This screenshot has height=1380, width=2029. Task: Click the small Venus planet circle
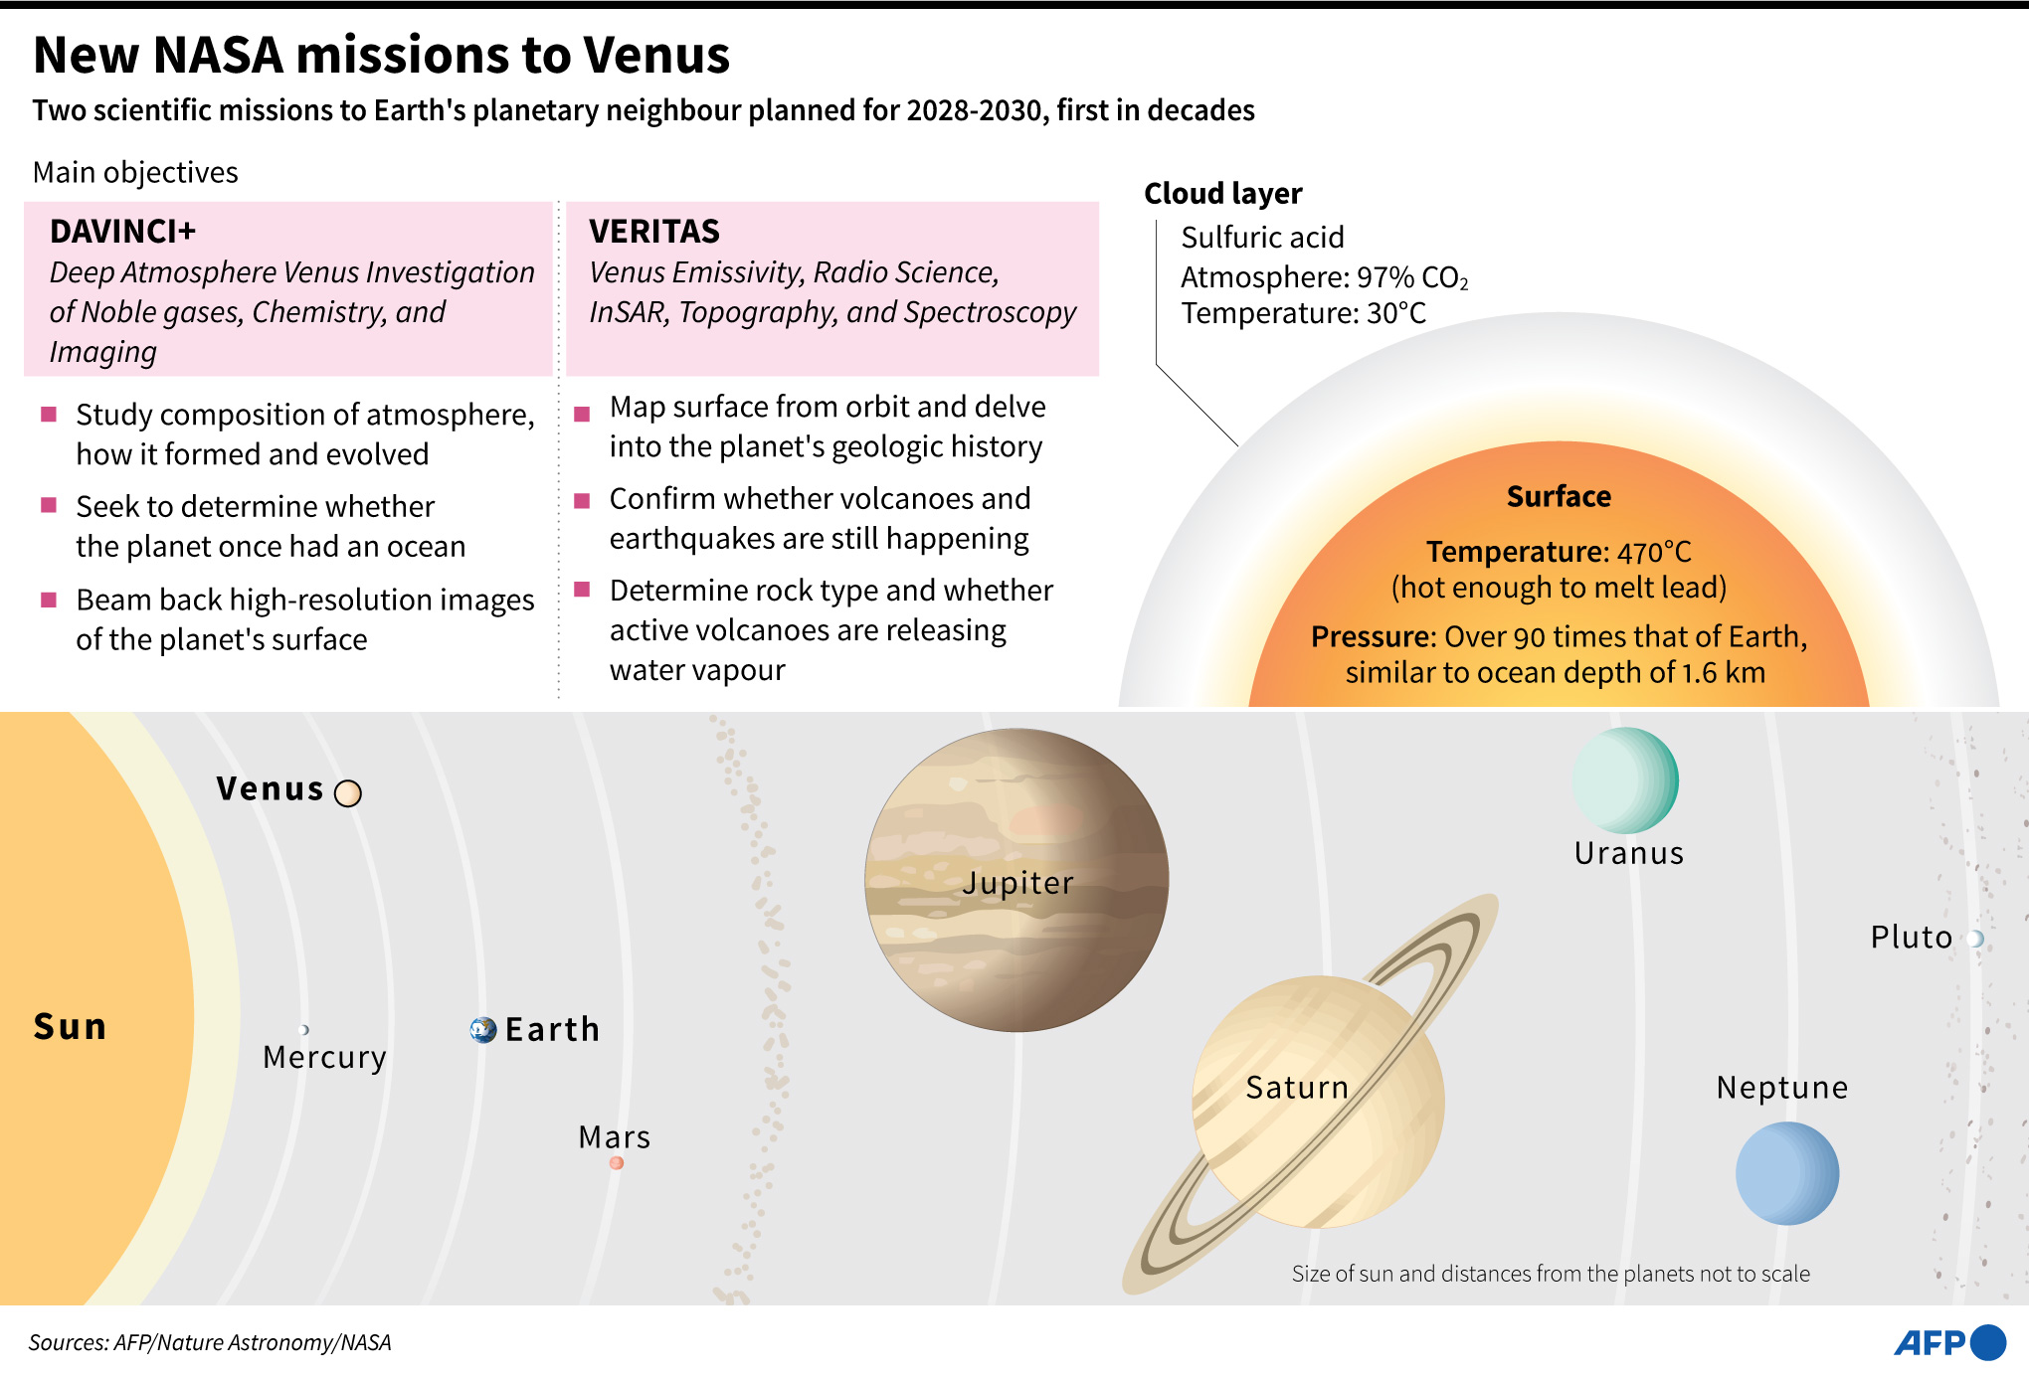[348, 793]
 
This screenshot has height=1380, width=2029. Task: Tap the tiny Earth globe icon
[483, 1030]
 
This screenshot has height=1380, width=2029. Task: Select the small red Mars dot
[617, 1162]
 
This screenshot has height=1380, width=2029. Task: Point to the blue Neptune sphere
[1786, 1173]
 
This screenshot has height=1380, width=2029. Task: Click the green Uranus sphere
[1625, 780]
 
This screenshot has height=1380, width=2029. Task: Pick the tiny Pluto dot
[1975, 939]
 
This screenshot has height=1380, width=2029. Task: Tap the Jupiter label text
[1017, 883]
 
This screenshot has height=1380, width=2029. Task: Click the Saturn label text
[1297, 1088]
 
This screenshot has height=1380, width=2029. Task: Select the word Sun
[70, 1026]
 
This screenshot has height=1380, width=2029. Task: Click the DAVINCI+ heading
[122, 232]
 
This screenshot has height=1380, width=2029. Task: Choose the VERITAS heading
[653, 232]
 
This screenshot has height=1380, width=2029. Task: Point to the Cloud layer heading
[1222, 194]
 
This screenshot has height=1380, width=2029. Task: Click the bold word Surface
[1559, 496]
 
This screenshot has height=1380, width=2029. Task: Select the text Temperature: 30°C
[1303, 314]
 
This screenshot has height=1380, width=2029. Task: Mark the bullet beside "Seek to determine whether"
[49, 505]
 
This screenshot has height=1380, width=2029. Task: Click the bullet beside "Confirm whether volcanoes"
[583, 500]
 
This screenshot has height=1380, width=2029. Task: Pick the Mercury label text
[324, 1057]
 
